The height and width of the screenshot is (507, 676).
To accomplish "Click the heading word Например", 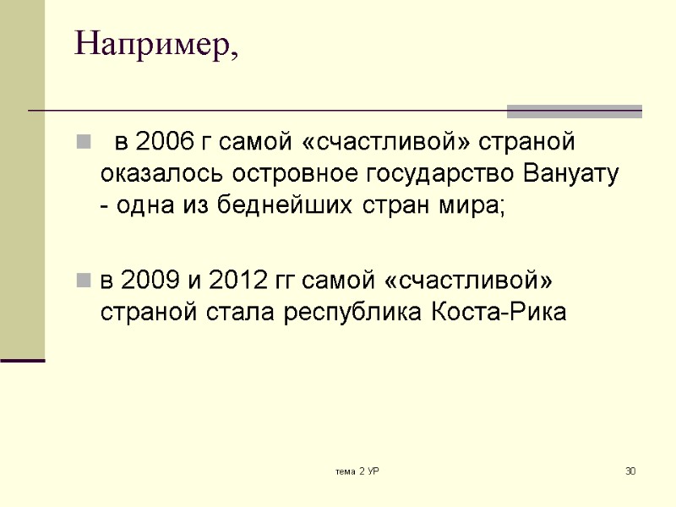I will (155, 45).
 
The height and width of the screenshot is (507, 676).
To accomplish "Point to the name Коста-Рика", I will (500, 313).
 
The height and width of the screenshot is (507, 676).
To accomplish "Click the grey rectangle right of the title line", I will (574, 111).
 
